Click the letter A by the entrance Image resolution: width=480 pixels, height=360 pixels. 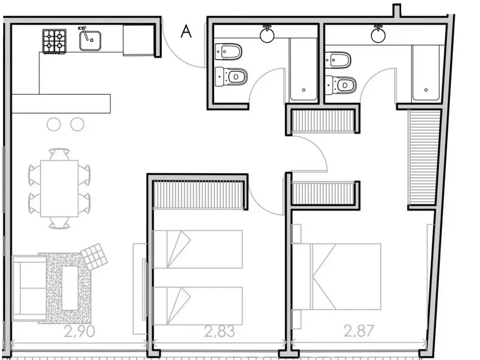point(186,31)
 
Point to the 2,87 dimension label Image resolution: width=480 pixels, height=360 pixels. point(359,331)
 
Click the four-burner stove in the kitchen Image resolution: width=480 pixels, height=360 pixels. point(54,41)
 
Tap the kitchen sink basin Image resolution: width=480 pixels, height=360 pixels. point(90,40)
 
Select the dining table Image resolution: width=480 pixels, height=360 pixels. point(59,188)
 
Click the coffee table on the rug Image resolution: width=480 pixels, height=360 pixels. point(70,287)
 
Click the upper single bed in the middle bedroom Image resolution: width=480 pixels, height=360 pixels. point(198,249)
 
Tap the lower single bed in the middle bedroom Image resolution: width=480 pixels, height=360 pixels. point(198,306)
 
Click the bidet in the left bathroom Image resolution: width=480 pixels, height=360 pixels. point(229,51)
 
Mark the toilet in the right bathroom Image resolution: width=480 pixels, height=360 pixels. point(341,85)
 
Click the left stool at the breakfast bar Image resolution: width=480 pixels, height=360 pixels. point(54,124)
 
